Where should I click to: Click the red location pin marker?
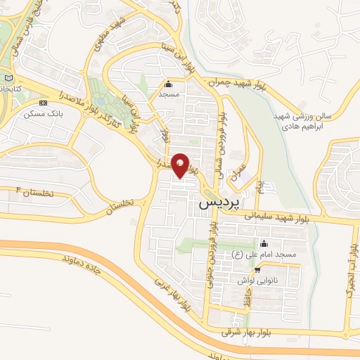pyautogui.click(x=181, y=165)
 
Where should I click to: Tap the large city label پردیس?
pyautogui.click(x=215, y=202)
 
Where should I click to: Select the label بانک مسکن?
pyautogui.click(x=41, y=114)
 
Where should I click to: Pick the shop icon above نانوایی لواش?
pyautogui.click(x=259, y=269)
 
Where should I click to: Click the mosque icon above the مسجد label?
pyautogui.click(x=168, y=84)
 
